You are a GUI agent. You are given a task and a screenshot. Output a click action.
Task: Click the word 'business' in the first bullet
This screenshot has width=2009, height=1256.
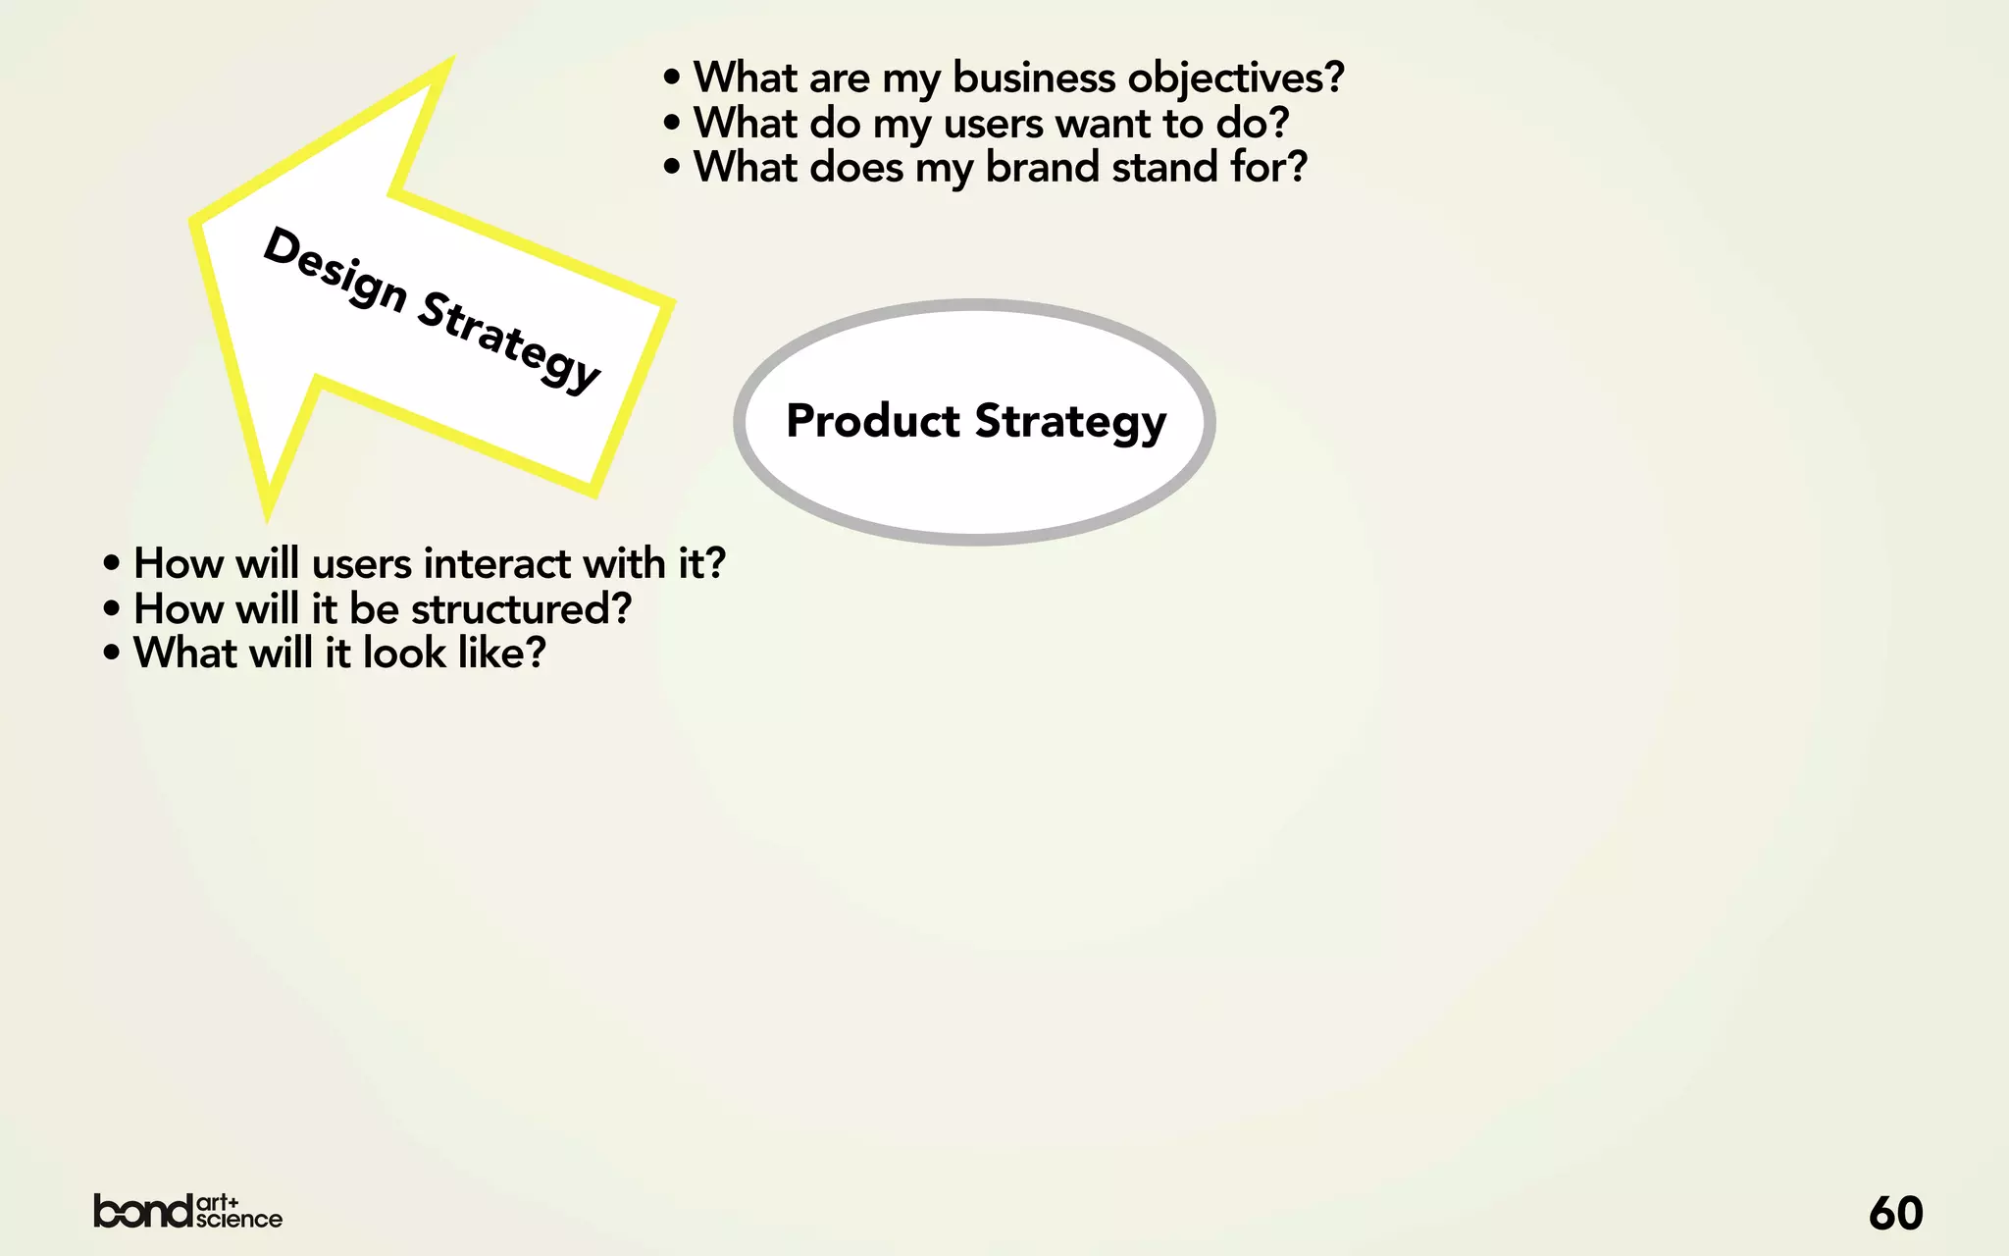(1033, 78)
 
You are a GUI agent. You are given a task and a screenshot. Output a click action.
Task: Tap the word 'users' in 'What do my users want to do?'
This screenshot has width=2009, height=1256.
(993, 124)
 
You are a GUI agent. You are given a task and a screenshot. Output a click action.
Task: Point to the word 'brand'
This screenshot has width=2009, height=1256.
(1042, 167)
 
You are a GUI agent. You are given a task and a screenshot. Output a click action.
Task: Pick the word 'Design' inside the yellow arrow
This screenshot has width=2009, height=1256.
(335, 269)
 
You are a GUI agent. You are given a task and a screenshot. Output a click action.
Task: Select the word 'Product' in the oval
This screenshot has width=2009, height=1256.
(873, 421)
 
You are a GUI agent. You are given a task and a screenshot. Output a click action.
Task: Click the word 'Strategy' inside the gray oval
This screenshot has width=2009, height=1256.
(1070, 421)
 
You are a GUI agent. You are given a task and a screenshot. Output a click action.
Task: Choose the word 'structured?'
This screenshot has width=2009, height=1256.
(521, 609)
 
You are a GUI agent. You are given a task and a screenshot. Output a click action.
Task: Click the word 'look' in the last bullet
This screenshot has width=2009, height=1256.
(404, 654)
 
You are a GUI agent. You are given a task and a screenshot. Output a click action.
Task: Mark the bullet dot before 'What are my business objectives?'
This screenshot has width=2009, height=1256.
(672, 78)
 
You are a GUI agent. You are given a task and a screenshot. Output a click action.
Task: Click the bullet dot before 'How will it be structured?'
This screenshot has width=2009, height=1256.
(112, 609)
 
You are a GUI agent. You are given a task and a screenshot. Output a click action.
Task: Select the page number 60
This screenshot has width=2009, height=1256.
(1895, 1214)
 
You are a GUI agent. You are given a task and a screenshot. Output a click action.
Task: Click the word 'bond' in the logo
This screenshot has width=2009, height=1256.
(143, 1211)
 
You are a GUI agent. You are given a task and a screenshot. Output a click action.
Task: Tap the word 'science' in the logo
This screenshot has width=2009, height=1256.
(239, 1220)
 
